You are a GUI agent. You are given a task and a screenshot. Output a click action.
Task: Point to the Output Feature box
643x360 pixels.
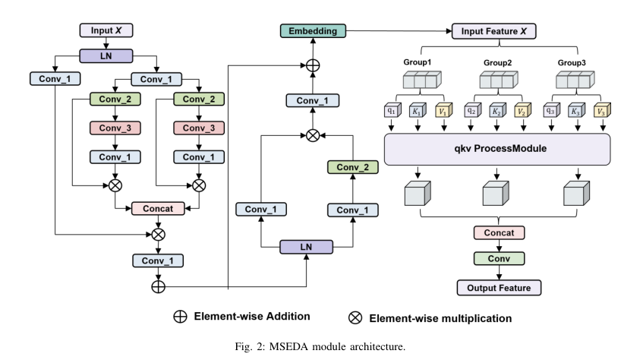[499, 287]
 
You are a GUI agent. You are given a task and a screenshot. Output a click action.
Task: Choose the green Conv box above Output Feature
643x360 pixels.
[499, 259]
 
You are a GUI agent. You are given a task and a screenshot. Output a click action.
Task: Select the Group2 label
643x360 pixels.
[499, 62]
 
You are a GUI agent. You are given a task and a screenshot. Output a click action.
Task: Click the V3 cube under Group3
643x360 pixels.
[600, 110]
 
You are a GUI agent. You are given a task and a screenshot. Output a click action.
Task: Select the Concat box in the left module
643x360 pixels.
[159, 208]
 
